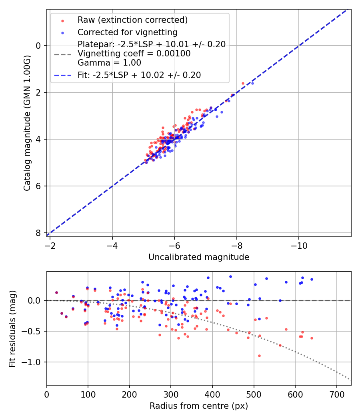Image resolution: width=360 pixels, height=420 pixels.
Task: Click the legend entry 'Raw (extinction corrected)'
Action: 132,20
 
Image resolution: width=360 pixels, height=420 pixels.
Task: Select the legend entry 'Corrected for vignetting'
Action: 127,32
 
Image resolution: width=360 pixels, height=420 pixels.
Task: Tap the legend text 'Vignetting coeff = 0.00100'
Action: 134,54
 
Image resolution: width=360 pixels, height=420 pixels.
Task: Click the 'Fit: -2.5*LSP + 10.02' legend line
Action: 139,75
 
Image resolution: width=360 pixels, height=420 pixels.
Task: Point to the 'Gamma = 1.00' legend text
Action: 109,63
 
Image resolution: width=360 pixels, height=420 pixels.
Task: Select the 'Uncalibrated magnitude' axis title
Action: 199,257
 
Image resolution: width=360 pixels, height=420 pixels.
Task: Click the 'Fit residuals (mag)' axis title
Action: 12,328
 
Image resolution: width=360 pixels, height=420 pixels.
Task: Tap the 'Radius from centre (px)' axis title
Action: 199,406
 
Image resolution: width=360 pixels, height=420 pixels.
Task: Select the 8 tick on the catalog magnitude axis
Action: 38,233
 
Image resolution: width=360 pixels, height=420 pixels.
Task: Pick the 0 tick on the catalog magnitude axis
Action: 38,46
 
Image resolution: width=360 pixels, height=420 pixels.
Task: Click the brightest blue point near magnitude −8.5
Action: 252,83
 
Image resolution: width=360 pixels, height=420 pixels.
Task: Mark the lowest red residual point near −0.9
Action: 259,356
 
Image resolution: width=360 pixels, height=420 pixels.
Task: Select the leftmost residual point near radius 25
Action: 56,292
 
